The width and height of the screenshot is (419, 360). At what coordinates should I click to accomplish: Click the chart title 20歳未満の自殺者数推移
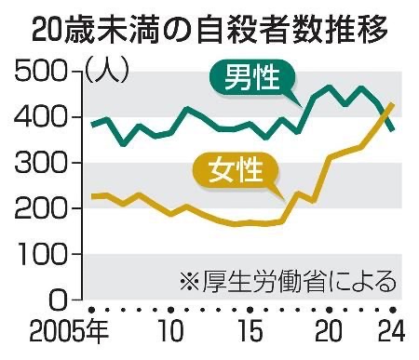[209, 31]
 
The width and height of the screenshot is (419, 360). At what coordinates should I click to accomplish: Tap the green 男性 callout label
[252, 77]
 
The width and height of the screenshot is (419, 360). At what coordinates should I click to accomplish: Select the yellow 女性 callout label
[236, 170]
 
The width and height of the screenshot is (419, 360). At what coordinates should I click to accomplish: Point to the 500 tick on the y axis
[41, 71]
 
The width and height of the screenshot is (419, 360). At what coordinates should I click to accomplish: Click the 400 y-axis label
[41, 117]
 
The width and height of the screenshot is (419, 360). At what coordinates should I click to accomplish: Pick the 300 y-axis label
[41, 163]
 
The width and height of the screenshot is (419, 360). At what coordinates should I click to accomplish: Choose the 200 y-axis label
[41, 208]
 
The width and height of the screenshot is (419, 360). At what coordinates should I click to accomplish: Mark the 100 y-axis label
[41, 254]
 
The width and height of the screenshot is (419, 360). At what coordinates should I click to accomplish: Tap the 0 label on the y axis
[58, 300]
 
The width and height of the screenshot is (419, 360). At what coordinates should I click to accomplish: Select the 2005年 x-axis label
[69, 330]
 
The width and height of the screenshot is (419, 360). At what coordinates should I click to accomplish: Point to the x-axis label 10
[170, 330]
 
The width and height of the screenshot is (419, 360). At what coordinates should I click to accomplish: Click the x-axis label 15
[250, 330]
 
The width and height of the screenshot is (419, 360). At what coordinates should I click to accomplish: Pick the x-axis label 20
[329, 330]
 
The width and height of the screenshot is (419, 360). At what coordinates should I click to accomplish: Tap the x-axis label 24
[392, 330]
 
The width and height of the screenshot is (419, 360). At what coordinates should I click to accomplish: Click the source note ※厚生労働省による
[289, 282]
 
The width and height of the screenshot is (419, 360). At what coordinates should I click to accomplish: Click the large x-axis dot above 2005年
[91, 310]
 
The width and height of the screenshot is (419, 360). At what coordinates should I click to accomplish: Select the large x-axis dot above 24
[393, 310]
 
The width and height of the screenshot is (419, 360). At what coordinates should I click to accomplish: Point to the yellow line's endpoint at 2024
[393, 104]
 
